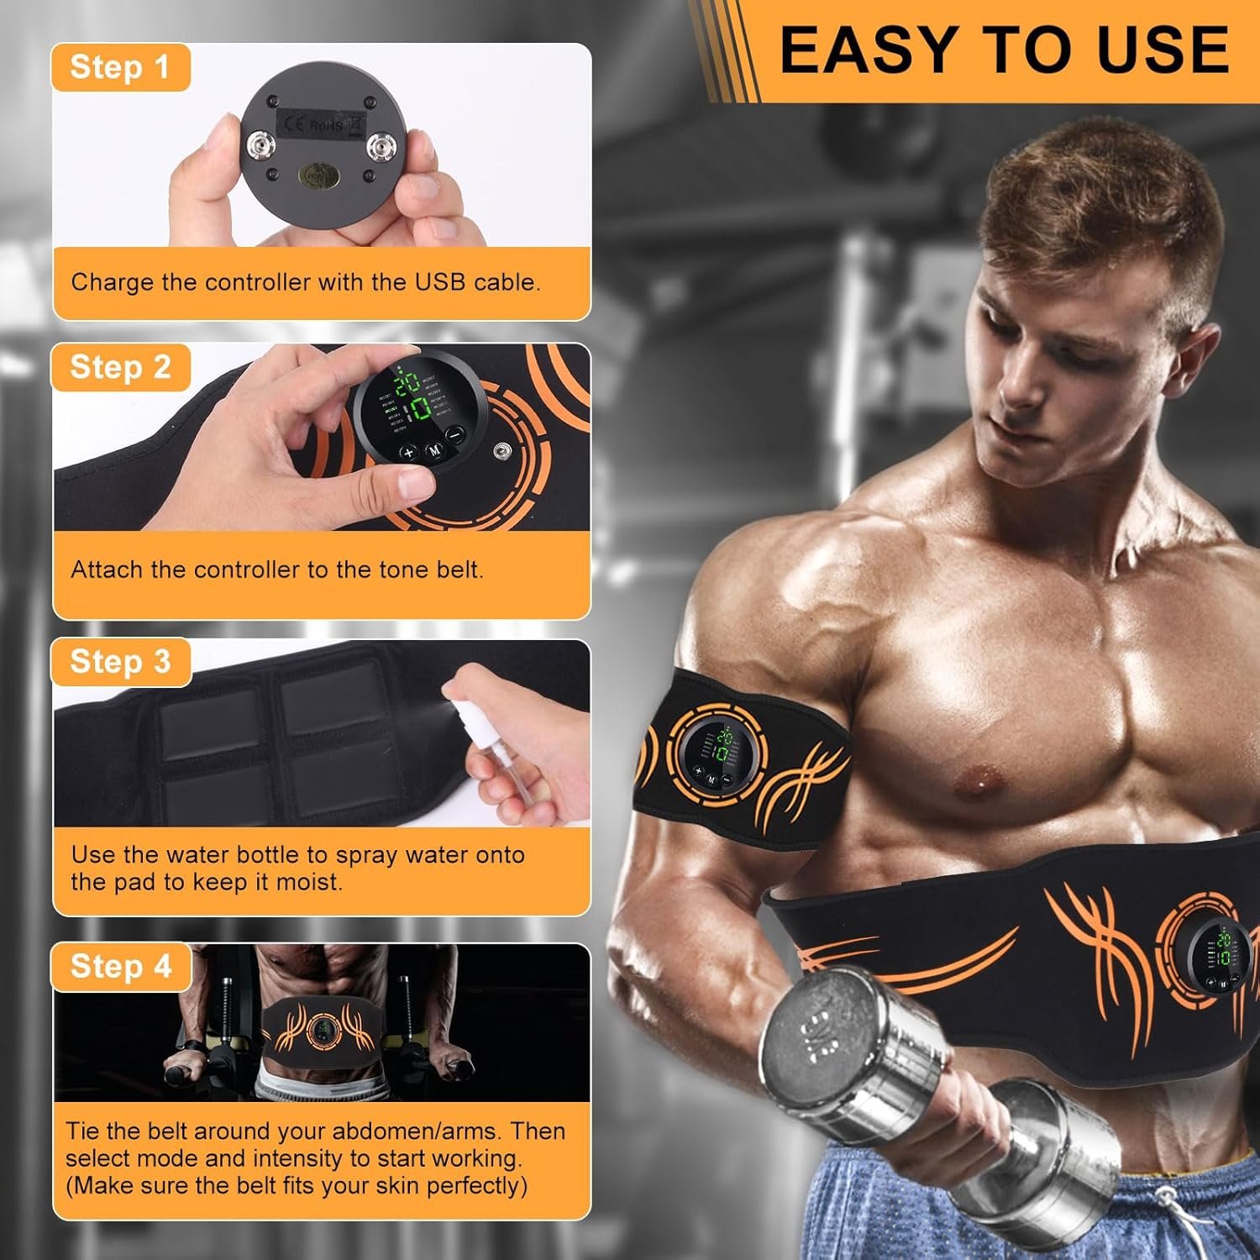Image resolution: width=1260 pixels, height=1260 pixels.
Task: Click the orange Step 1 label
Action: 119,67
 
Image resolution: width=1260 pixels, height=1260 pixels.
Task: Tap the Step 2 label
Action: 120,367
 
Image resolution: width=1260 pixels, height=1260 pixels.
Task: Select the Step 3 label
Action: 120,662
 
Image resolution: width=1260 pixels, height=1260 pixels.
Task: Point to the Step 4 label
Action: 120,966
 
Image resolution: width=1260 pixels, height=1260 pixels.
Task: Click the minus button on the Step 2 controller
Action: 454,435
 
